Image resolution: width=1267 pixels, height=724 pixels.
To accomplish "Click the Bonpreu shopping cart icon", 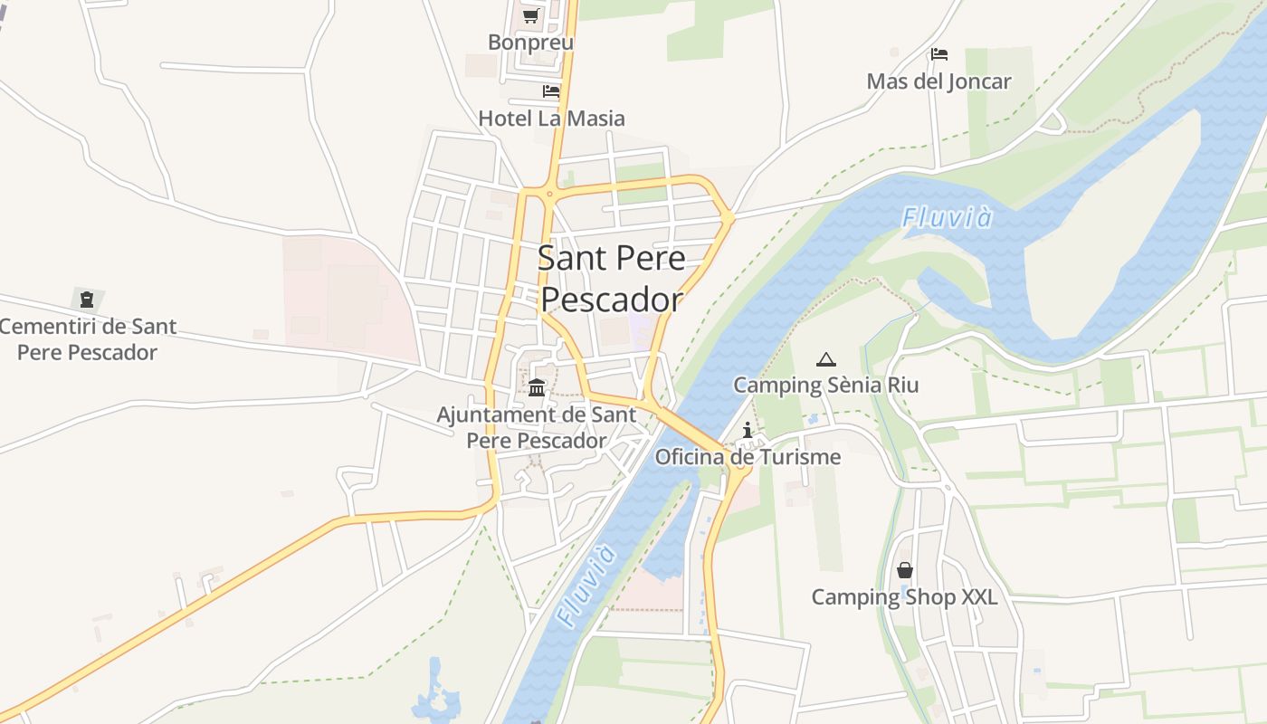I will tap(530, 15).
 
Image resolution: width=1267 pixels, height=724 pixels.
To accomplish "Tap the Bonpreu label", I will tap(530, 43).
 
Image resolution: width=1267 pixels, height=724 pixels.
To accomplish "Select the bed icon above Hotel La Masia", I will tap(550, 91).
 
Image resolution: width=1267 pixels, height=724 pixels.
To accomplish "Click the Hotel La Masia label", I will tap(551, 119).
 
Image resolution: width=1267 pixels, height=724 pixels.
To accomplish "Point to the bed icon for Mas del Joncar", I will tap(938, 54).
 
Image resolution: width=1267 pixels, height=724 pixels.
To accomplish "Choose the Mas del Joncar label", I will tap(938, 81).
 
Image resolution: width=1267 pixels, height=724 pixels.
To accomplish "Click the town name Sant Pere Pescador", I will tap(611, 278).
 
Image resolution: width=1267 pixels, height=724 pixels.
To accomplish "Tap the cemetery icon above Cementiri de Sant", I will tap(87, 299).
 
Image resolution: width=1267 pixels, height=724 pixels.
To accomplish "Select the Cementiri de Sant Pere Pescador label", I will tap(87, 339).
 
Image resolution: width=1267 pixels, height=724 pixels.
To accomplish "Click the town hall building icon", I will tap(537, 387).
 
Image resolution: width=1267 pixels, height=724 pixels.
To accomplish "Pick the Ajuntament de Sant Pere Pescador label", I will tap(536, 428).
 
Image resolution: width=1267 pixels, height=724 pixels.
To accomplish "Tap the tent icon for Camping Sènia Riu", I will tap(825, 360).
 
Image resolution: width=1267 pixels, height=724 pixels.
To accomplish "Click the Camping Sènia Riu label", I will tap(825, 386).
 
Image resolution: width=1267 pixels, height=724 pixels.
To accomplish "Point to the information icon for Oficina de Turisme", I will tap(748, 430).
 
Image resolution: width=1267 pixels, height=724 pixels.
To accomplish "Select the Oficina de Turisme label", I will tap(748, 457).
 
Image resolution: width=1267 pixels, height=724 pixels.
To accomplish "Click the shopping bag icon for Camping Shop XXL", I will tap(904, 570).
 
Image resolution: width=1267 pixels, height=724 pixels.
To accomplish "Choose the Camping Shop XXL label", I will tap(904, 597).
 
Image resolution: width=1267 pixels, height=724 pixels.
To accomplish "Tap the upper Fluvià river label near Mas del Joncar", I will tap(947, 218).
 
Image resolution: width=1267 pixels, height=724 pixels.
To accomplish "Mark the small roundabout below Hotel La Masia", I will tap(548, 193).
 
